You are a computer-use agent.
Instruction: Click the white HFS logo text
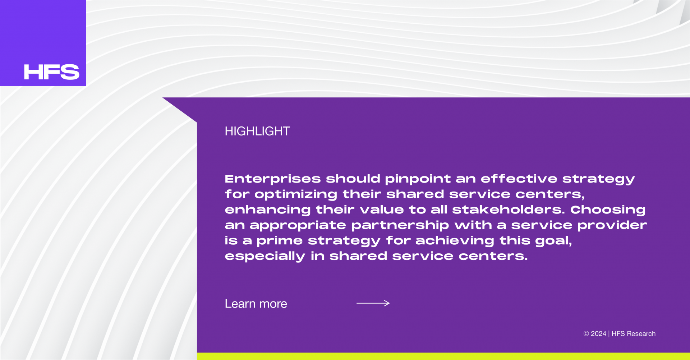click(52, 72)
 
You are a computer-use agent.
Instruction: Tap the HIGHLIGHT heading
click(257, 131)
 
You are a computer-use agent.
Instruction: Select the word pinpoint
click(418, 179)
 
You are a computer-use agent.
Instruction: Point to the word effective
click(519, 179)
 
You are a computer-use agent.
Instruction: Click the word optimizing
click(296, 195)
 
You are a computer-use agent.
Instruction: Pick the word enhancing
click(268, 210)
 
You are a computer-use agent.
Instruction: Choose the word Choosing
click(608, 210)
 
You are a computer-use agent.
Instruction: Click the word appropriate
click(298, 226)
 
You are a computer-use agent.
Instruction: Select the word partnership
click(400, 226)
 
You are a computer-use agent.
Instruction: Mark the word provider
click(612, 226)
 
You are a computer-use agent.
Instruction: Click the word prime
click(280, 241)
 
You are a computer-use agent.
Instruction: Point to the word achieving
click(455, 241)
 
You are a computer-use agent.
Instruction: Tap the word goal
click(553, 241)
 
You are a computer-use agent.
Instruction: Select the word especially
click(265, 257)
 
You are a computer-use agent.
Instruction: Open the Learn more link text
click(256, 304)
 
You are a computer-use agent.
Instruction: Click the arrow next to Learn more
click(373, 303)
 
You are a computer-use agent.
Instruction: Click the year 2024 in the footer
click(598, 334)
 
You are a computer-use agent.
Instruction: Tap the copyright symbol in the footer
click(586, 334)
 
